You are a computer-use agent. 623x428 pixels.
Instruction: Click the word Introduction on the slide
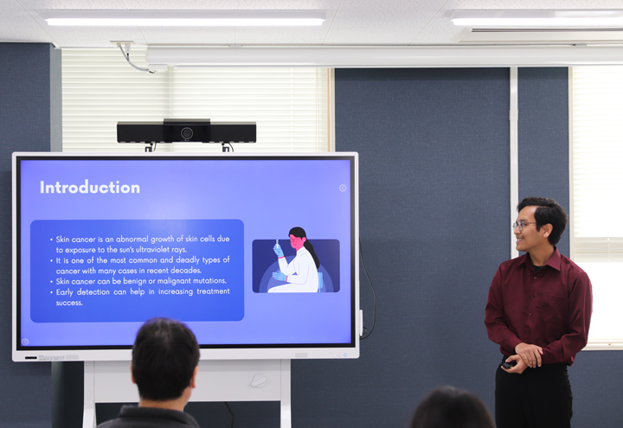(90, 188)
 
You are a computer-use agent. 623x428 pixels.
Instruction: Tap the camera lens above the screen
(187, 133)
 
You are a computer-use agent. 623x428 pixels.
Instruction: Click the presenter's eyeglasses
(523, 225)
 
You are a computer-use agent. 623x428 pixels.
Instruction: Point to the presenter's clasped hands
(524, 356)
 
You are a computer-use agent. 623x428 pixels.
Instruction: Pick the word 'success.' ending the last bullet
(69, 303)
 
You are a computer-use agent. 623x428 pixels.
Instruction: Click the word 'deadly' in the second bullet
(188, 260)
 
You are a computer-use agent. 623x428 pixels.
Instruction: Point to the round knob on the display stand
(259, 380)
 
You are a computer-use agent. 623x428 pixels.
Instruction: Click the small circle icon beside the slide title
(343, 188)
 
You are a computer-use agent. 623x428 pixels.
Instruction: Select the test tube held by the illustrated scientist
(277, 243)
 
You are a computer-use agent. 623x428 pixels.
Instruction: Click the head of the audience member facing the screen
(165, 360)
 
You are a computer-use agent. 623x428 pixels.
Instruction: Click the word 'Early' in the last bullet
(64, 292)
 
